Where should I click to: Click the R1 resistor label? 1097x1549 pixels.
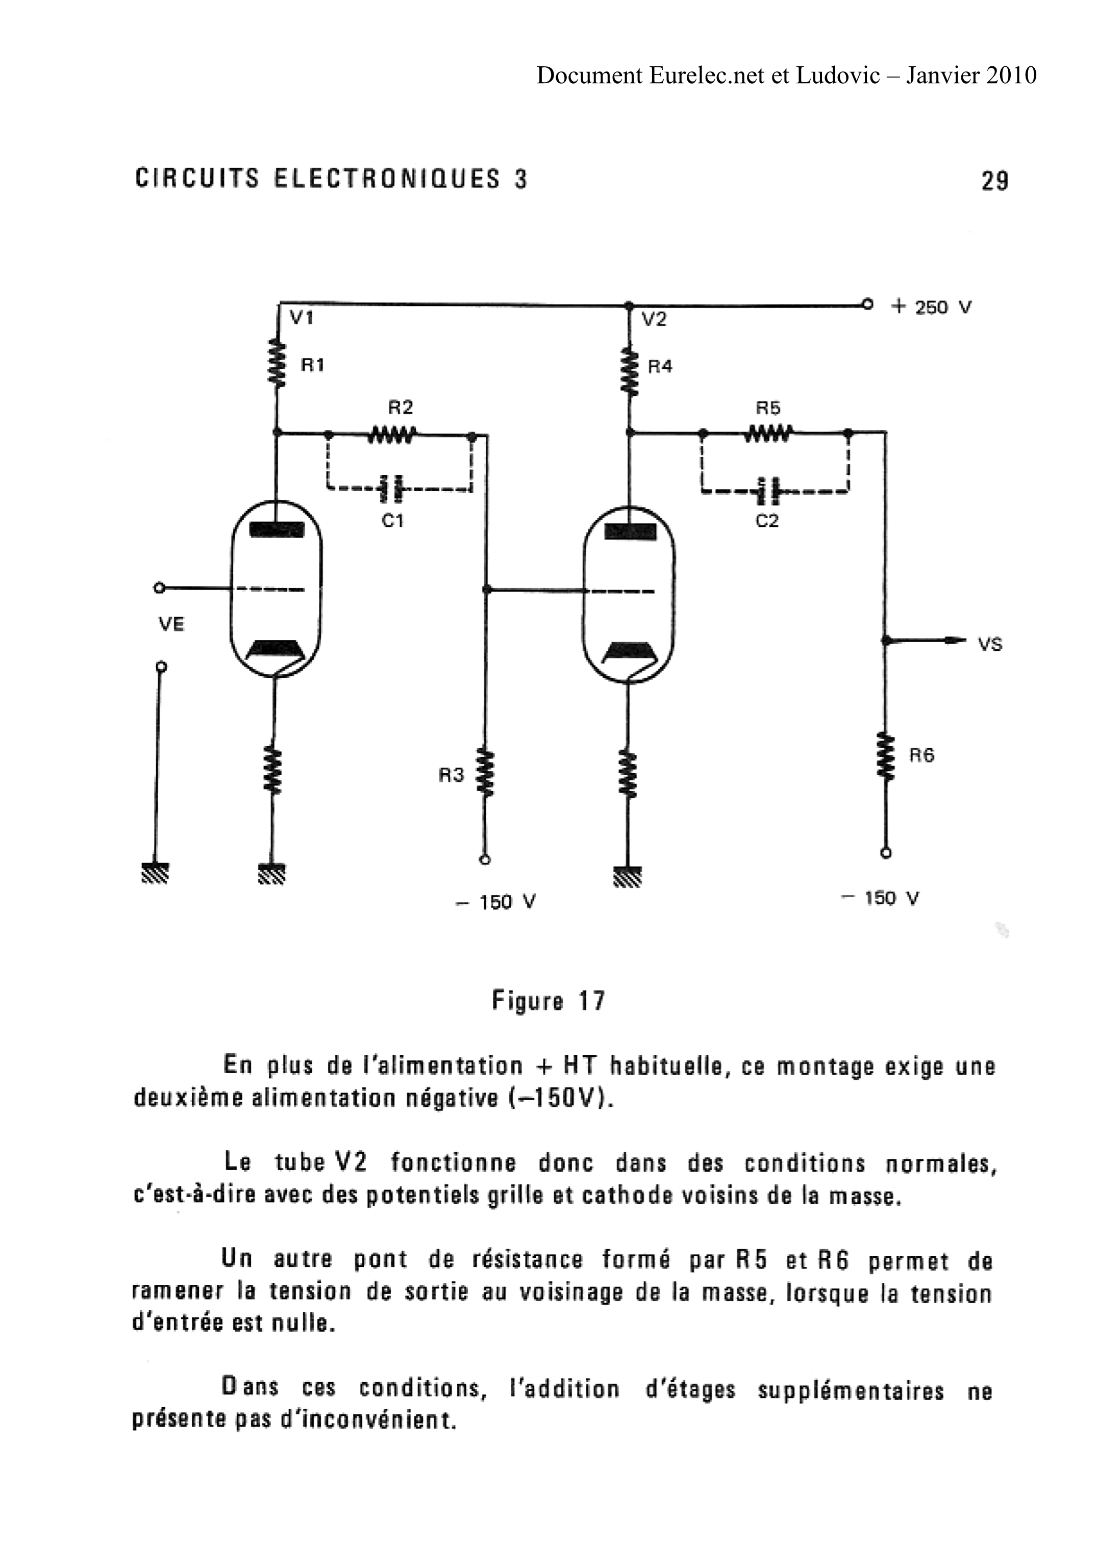pos(312,365)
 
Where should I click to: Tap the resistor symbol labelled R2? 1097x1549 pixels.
pos(392,436)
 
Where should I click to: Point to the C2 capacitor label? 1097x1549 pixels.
pos(767,521)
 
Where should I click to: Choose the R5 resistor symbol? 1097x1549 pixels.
pos(767,433)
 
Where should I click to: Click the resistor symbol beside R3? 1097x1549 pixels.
pos(485,772)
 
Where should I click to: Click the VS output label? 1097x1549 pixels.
pos(990,644)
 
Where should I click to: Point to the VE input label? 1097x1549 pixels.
pos(171,624)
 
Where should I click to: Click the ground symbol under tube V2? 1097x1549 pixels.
pos(628,876)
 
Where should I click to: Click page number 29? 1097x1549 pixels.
pos(994,181)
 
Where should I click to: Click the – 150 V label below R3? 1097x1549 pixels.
pos(496,902)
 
